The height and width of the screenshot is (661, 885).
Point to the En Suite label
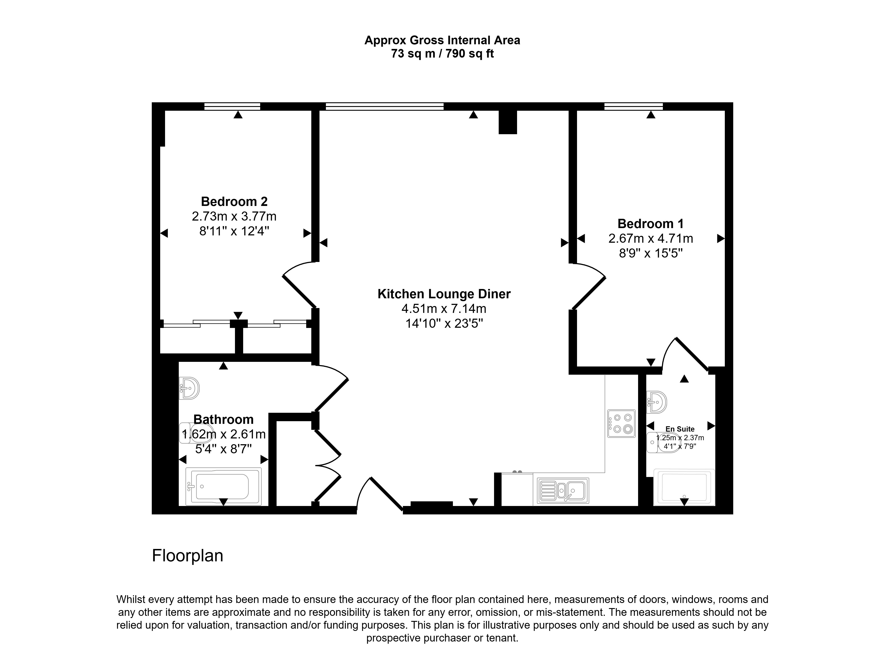(680, 429)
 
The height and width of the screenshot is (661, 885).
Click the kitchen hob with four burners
(621, 423)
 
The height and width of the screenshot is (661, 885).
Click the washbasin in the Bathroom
(189, 388)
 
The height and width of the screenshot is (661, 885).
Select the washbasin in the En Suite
(657, 402)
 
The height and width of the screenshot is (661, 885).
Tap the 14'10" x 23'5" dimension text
(444, 323)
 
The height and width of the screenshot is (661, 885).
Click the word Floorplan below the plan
(187, 556)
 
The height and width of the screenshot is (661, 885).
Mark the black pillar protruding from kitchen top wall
(508, 122)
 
